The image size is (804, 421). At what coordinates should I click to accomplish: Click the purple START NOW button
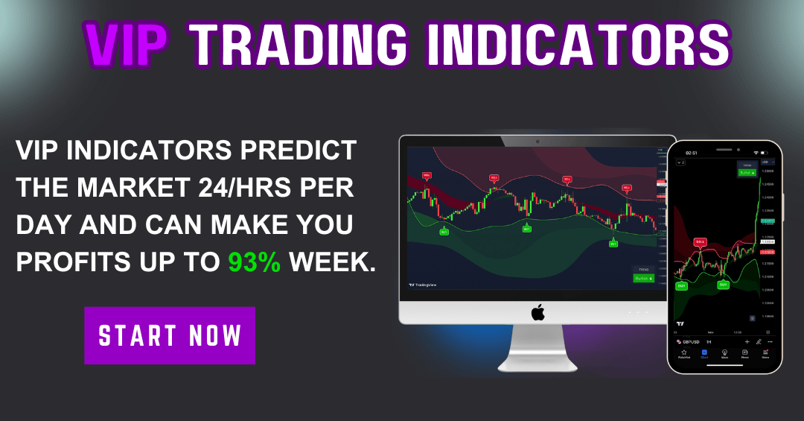click(170, 335)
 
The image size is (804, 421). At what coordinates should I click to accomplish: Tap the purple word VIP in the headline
click(126, 44)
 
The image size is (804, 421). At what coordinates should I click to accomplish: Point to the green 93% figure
click(255, 261)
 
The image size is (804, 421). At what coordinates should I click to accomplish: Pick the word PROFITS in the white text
click(74, 261)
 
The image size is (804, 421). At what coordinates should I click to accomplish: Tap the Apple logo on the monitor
click(537, 311)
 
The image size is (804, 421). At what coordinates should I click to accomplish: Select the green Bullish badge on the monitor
click(643, 278)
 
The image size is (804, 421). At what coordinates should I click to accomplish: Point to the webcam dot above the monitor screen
click(537, 140)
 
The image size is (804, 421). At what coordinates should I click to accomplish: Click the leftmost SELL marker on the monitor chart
click(427, 176)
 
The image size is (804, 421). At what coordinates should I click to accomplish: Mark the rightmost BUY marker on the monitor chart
click(613, 244)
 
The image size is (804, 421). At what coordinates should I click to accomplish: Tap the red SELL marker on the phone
click(700, 242)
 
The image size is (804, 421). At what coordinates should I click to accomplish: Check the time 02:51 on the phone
click(691, 153)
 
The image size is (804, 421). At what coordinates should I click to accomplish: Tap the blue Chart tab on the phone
click(704, 354)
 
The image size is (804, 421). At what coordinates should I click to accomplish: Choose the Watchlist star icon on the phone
click(683, 354)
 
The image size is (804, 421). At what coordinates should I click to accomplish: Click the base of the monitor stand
click(537, 365)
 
